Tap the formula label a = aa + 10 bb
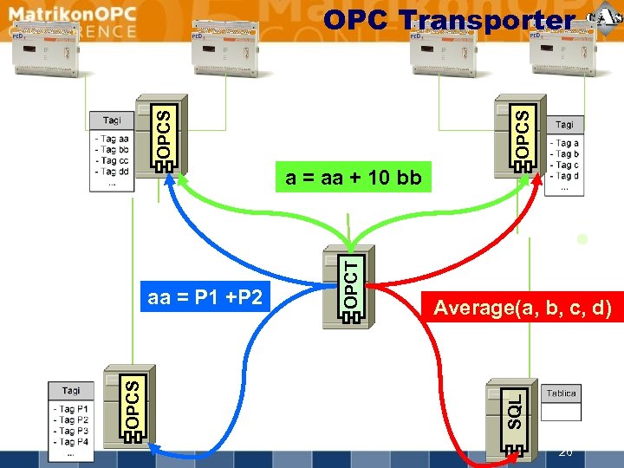click(x=353, y=179)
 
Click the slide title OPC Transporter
click(x=448, y=21)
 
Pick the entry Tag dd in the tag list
click(x=112, y=172)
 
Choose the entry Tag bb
click(x=112, y=150)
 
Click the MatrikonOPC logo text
click(x=69, y=15)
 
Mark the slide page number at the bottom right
click(x=566, y=452)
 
